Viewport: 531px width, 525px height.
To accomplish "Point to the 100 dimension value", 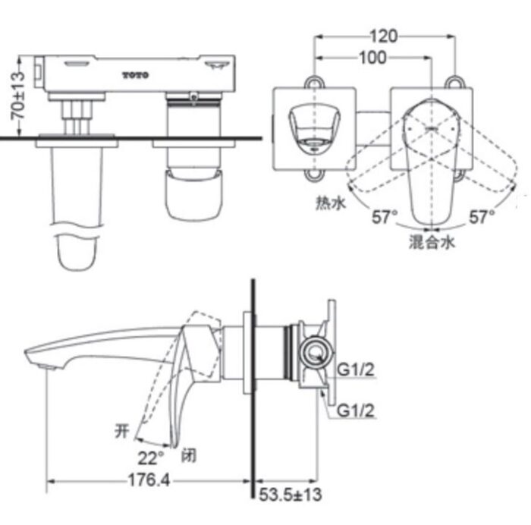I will [372, 58].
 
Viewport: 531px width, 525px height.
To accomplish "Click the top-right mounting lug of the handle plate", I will [455, 80].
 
